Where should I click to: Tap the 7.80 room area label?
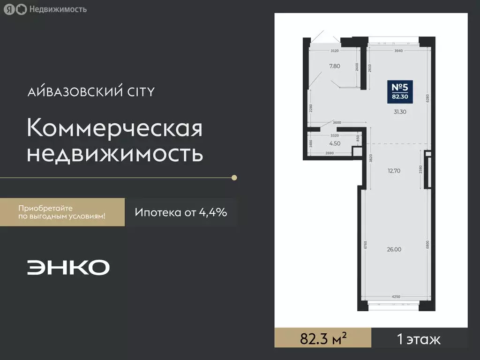(335, 66)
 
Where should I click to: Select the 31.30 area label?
(400, 112)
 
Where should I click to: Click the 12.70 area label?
(394, 171)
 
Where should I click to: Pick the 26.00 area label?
(394, 249)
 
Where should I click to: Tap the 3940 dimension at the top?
(399, 51)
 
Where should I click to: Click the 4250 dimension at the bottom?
(396, 296)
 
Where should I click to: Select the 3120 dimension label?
(335, 51)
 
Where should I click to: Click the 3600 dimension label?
(337, 123)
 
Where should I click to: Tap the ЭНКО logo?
(68, 267)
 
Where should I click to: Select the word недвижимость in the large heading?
(115, 154)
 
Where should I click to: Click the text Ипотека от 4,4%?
(181, 212)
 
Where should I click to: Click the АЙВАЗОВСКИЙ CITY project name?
(91, 91)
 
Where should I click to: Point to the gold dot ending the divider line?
(234, 178)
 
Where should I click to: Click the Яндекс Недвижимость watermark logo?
(45, 9)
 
